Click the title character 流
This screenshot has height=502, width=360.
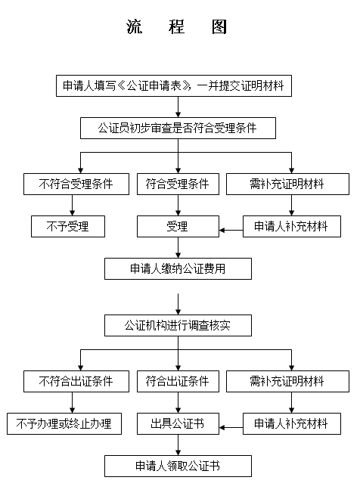click(134, 26)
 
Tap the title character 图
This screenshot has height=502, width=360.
click(219, 26)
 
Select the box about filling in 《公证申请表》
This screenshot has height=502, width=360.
click(174, 85)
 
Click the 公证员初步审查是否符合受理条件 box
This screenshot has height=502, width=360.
click(178, 128)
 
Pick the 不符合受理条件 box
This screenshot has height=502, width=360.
click(76, 184)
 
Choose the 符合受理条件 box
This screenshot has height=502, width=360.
click(178, 184)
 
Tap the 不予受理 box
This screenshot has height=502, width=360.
click(68, 226)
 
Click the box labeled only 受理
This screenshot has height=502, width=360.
click(178, 226)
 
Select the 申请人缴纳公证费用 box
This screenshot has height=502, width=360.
click(178, 268)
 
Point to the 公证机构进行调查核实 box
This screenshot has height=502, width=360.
click(178, 325)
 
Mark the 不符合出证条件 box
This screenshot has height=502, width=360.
click(76, 381)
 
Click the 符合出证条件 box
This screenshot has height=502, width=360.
click(178, 381)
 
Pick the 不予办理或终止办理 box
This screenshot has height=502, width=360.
click(64, 423)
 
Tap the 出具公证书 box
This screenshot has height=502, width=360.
click(178, 423)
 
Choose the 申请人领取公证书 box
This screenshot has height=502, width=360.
click(178, 466)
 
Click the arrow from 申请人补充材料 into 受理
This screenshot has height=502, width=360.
click(231, 230)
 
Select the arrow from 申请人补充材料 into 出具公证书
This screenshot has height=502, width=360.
click(231, 427)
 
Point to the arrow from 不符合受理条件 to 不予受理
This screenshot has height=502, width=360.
click(73, 205)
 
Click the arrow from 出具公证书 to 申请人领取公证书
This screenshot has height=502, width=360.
click(178, 445)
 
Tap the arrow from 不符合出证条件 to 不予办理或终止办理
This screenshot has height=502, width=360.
click(73, 402)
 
